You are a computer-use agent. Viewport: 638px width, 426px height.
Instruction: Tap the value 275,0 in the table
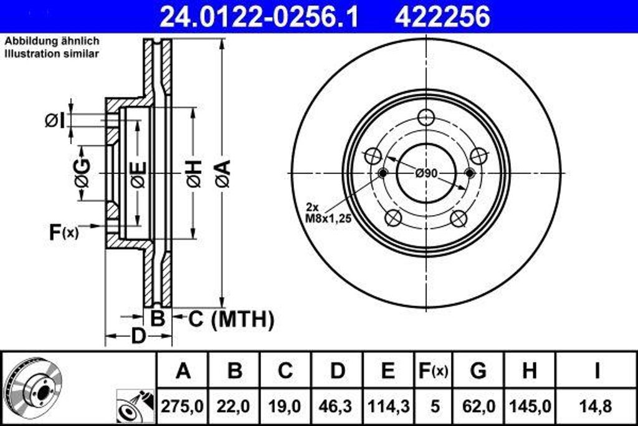183,407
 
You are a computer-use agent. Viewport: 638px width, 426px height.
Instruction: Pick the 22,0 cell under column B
234,407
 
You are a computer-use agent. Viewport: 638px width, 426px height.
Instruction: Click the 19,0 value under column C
285,407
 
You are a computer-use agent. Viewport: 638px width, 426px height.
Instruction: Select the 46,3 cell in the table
336,407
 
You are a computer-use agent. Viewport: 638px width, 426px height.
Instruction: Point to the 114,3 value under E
388,407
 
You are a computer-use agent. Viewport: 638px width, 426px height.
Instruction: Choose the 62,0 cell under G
478,407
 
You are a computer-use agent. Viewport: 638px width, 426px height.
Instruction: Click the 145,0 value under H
529,407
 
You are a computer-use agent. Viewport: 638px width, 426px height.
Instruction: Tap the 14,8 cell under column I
596,407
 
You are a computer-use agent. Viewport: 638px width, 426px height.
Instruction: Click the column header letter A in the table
183,371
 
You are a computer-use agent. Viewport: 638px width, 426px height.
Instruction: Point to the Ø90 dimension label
426,173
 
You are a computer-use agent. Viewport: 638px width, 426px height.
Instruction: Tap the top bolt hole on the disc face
426,117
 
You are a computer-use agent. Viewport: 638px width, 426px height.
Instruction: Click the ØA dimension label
222,173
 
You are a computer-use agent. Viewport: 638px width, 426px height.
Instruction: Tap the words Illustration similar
52,54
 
